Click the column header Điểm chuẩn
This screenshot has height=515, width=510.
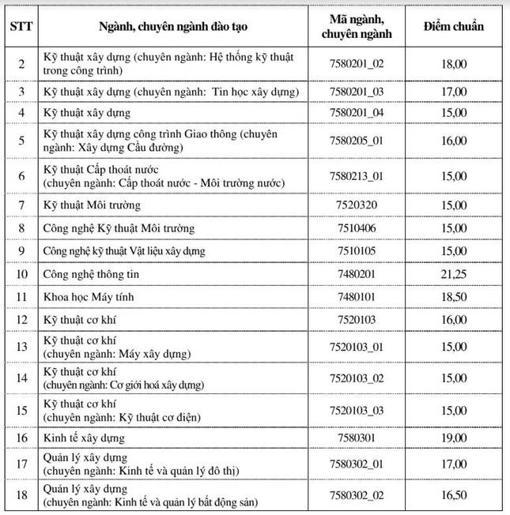[x=455, y=26]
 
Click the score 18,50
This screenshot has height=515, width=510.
[x=455, y=297]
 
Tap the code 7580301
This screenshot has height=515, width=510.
[x=357, y=437]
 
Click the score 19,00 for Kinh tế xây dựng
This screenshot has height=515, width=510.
[x=455, y=437]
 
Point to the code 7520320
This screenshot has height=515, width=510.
[x=357, y=205]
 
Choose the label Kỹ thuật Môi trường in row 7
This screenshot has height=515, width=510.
[x=92, y=205]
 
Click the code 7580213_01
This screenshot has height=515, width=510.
[x=357, y=176]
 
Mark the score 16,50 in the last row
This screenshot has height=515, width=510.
[x=455, y=496]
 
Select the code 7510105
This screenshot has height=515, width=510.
[x=357, y=251]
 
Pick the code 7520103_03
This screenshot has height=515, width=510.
[x=357, y=410]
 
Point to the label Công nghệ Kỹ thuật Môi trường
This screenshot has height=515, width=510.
[x=119, y=228]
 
